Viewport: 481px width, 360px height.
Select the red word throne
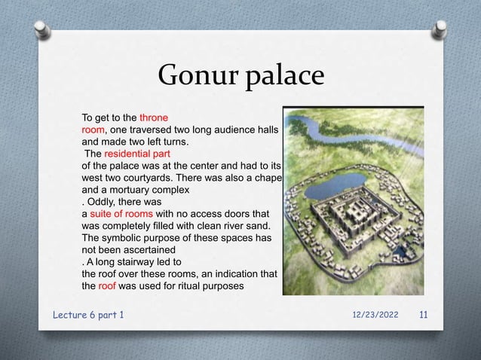coord(153,117)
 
